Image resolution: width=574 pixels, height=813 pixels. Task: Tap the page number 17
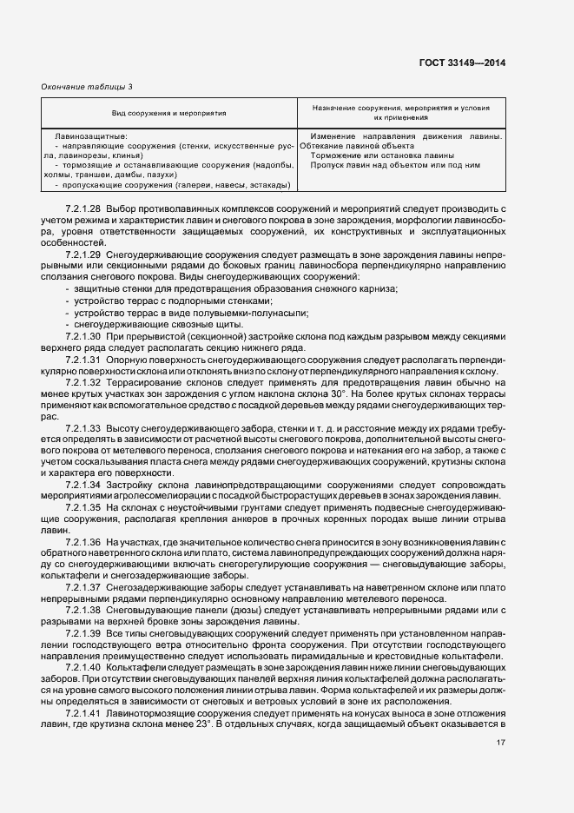click(x=501, y=743)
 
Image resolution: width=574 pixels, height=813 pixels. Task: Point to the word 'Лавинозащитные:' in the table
click(x=91, y=137)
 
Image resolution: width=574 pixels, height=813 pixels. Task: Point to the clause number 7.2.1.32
click(x=83, y=382)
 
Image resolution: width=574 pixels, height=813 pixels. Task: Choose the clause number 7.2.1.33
click(x=83, y=427)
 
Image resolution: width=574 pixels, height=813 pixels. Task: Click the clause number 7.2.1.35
click(x=83, y=506)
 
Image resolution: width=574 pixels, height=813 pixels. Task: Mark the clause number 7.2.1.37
click(x=83, y=586)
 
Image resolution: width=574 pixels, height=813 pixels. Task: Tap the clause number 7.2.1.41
click(x=83, y=711)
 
